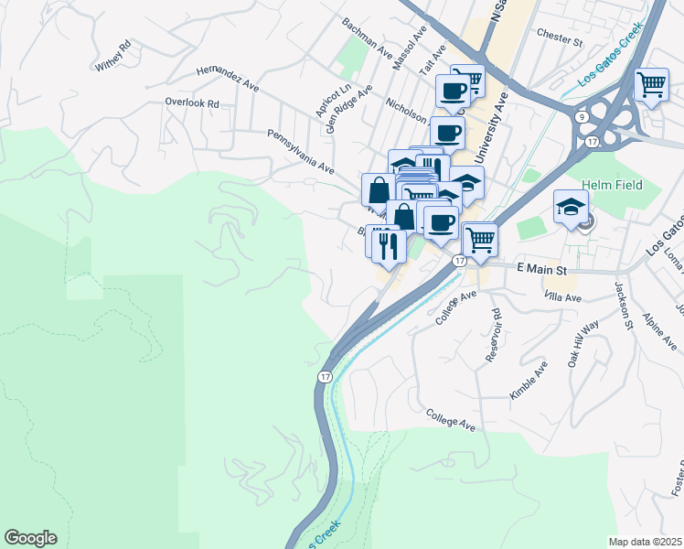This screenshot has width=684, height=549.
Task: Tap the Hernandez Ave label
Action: coord(230,81)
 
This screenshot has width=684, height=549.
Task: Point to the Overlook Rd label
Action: coord(192,103)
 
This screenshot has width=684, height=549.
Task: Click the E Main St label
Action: coord(542,269)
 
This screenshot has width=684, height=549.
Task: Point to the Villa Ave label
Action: coord(562,298)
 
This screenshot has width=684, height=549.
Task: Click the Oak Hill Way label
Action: coord(582,343)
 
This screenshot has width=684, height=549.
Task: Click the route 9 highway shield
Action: coord(582,116)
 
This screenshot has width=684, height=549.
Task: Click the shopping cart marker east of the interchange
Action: coord(652,85)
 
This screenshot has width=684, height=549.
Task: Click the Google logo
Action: coord(30,538)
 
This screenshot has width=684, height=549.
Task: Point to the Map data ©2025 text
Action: coord(645,542)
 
